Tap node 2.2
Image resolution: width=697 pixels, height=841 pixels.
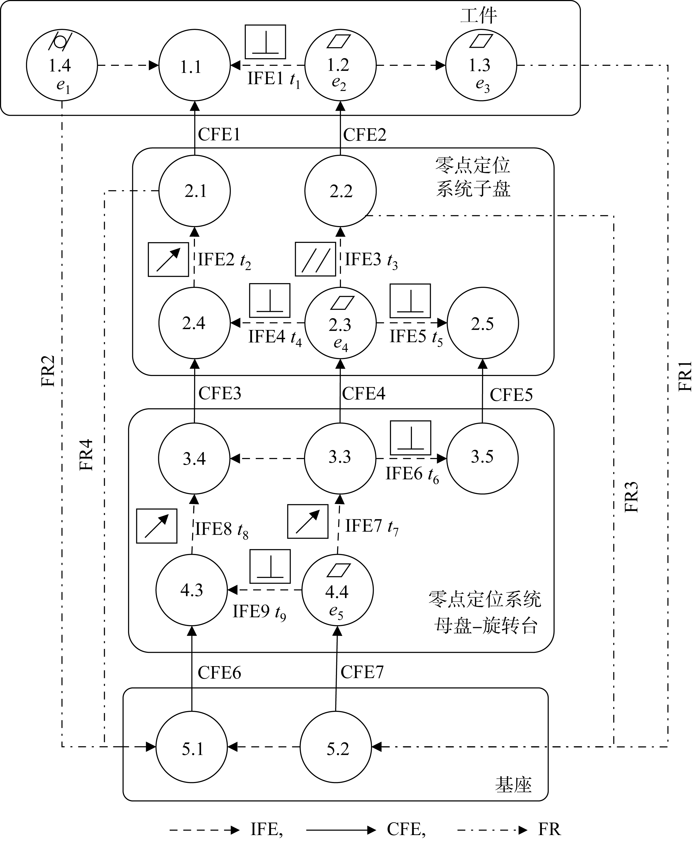[340, 191]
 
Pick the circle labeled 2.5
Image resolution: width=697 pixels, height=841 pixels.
[482, 323]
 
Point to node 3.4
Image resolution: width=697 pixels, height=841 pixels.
[194, 458]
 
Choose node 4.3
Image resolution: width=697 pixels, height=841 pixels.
[192, 590]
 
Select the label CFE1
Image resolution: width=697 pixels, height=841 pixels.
[219, 134]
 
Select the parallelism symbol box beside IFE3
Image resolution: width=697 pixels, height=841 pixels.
[315, 259]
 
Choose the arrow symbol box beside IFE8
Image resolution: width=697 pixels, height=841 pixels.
[157, 526]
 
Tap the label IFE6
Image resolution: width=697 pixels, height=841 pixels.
[404, 474]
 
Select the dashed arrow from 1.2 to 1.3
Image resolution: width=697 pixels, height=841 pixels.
[411, 65]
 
